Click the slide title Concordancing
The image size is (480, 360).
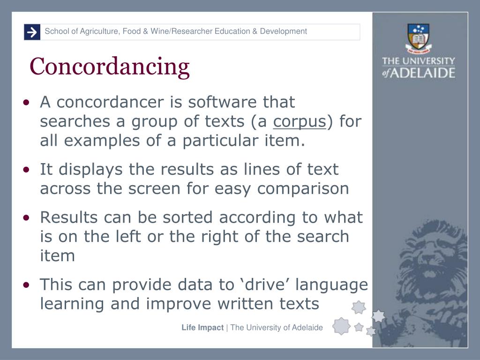tap(110, 66)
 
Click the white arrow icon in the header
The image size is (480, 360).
tap(32, 32)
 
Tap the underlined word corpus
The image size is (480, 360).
tap(300, 121)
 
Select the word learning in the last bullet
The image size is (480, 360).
tap(73, 304)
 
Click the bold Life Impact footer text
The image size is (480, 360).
tap(202, 328)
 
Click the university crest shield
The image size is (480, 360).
tap(419, 35)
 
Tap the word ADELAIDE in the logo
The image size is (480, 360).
tap(425, 73)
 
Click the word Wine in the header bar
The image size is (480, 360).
tap(159, 31)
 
